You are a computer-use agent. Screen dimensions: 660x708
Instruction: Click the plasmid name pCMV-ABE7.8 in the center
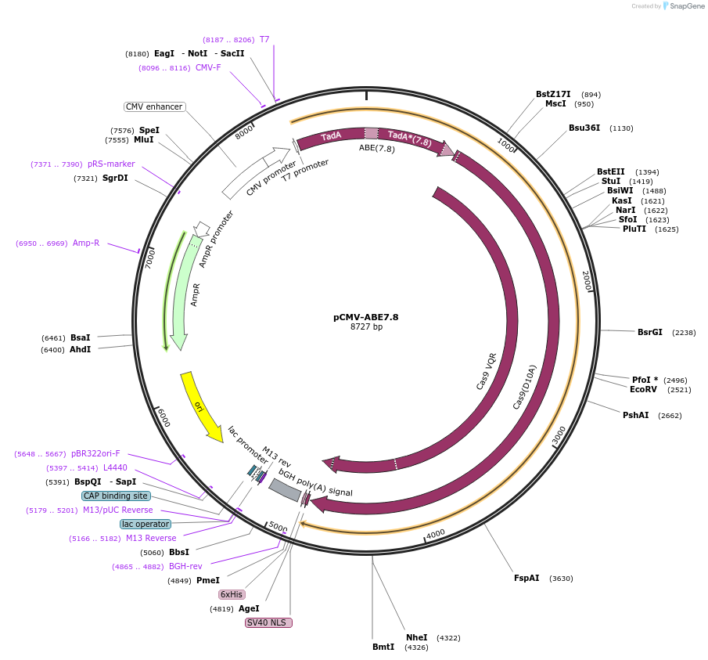click(365, 317)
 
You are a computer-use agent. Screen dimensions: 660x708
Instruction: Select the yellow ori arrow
click(201, 406)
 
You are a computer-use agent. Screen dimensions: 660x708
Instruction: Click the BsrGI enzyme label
click(649, 332)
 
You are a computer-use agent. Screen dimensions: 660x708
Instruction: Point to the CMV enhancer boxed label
click(154, 106)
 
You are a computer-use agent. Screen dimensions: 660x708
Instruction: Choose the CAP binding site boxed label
click(116, 496)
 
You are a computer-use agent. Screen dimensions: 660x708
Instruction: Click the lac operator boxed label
click(145, 524)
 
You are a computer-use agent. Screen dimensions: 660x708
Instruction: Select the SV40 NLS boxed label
click(268, 622)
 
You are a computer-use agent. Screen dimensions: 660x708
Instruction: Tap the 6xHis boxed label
click(231, 594)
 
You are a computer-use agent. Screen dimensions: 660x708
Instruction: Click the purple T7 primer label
click(264, 39)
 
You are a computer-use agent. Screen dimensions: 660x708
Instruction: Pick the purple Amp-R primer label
click(86, 243)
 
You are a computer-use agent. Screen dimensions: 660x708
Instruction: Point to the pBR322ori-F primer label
click(95, 453)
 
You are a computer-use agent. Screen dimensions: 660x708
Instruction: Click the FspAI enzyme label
click(527, 578)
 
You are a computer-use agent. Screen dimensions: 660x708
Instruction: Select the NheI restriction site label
click(416, 637)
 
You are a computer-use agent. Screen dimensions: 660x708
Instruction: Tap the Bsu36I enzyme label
click(584, 128)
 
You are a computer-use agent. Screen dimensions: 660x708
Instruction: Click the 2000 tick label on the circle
click(586, 281)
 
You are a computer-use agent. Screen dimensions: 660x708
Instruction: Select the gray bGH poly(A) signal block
click(285, 490)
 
